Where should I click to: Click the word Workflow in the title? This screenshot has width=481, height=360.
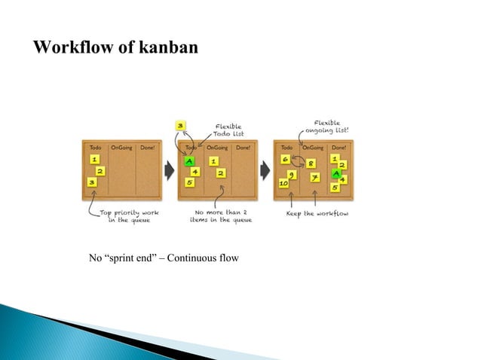[x=74, y=48]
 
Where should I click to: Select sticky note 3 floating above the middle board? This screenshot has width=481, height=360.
[x=180, y=126]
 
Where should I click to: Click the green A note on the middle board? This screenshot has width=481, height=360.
[x=188, y=161]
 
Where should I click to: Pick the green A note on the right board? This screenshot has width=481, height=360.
[x=336, y=172]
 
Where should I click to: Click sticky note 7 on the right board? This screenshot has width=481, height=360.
[x=314, y=178]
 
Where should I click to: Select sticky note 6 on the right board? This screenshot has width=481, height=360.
[x=285, y=160]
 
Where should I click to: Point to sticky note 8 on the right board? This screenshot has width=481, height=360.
[x=311, y=163]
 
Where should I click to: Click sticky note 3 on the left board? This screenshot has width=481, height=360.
[x=92, y=182]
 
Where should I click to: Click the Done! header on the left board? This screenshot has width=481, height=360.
[x=146, y=148]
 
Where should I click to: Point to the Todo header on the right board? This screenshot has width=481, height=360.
[x=286, y=148]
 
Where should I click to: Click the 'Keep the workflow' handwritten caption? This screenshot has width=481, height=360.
[x=311, y=214]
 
